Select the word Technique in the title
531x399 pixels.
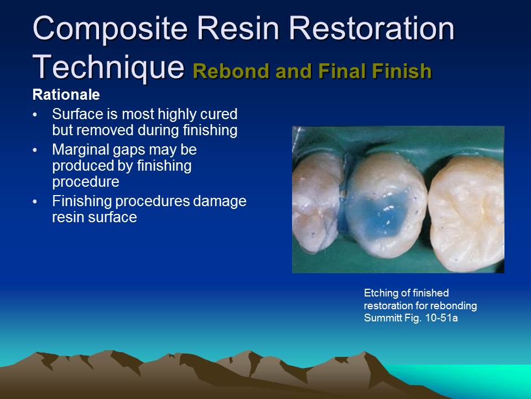click(108, 66)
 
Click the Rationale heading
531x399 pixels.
click(66, 95)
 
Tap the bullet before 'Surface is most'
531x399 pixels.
click(36, 115)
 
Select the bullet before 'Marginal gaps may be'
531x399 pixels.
click(36, 150)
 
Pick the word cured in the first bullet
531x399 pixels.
click(221, 114)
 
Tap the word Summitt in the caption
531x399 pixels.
click(382, 318)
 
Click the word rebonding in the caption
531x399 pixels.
click(456, 306)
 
